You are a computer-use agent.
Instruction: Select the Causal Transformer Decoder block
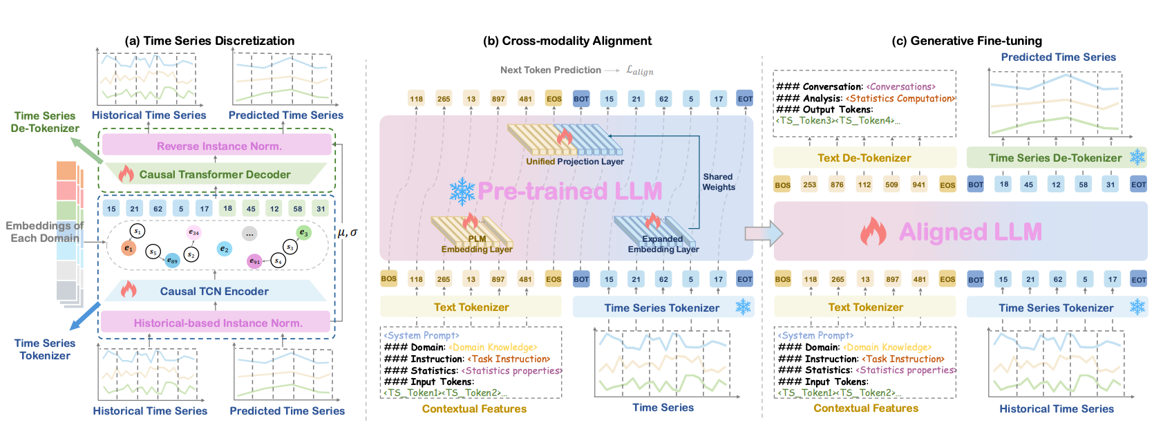pos(215,174)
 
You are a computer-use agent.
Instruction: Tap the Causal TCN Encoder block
pos(214,291)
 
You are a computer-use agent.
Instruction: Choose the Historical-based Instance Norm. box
pos(217,323)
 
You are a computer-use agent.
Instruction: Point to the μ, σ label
pos(347,232)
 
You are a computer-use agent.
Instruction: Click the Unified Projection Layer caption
pos(575,162)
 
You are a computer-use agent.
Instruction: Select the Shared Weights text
pos(719,182)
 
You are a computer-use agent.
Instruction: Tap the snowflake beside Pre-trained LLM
pos(462,191)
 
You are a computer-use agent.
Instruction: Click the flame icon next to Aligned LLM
pos(873,232)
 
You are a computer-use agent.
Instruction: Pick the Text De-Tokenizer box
pos(864,158)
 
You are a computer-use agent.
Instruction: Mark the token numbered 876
pos(837,185)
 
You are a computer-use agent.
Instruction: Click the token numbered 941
pos(918,185)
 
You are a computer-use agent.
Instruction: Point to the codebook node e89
pos(172,260)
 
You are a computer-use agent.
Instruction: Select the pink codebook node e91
pos(255,261)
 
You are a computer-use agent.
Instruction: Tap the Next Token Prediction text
pos(551,70)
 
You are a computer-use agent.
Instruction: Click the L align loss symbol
pos(639,70)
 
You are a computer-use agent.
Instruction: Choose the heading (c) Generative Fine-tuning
pos(966,41)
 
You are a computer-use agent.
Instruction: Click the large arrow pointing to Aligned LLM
pos(763,234)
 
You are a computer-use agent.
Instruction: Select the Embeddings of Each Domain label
pos(44,232)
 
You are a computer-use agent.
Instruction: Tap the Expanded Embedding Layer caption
pos(663,244)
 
